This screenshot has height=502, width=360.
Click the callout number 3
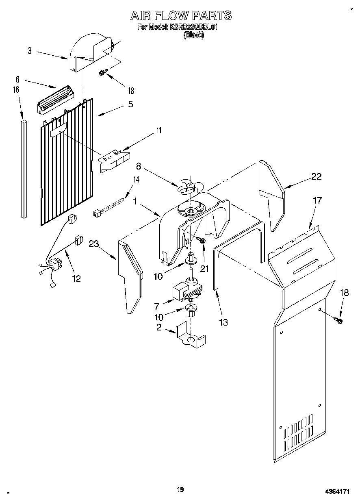pyautogui.click(x=30, y=51)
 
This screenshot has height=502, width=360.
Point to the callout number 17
pyautogui.click(x=317, y=200)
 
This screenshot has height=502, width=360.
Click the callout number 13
pyautogui.click(x=223, y=322)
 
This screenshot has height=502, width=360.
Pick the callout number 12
pyautogui.click(x=76, y=278)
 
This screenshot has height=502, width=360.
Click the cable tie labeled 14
pyautogui.click(x=109, y=206)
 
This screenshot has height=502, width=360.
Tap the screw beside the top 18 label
pyautogui.click(x=103, y=73)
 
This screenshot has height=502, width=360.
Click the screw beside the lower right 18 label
pyautogui.click(x=338, y=321)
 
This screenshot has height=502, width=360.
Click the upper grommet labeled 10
pyautogui.click(x=191, y=259)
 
